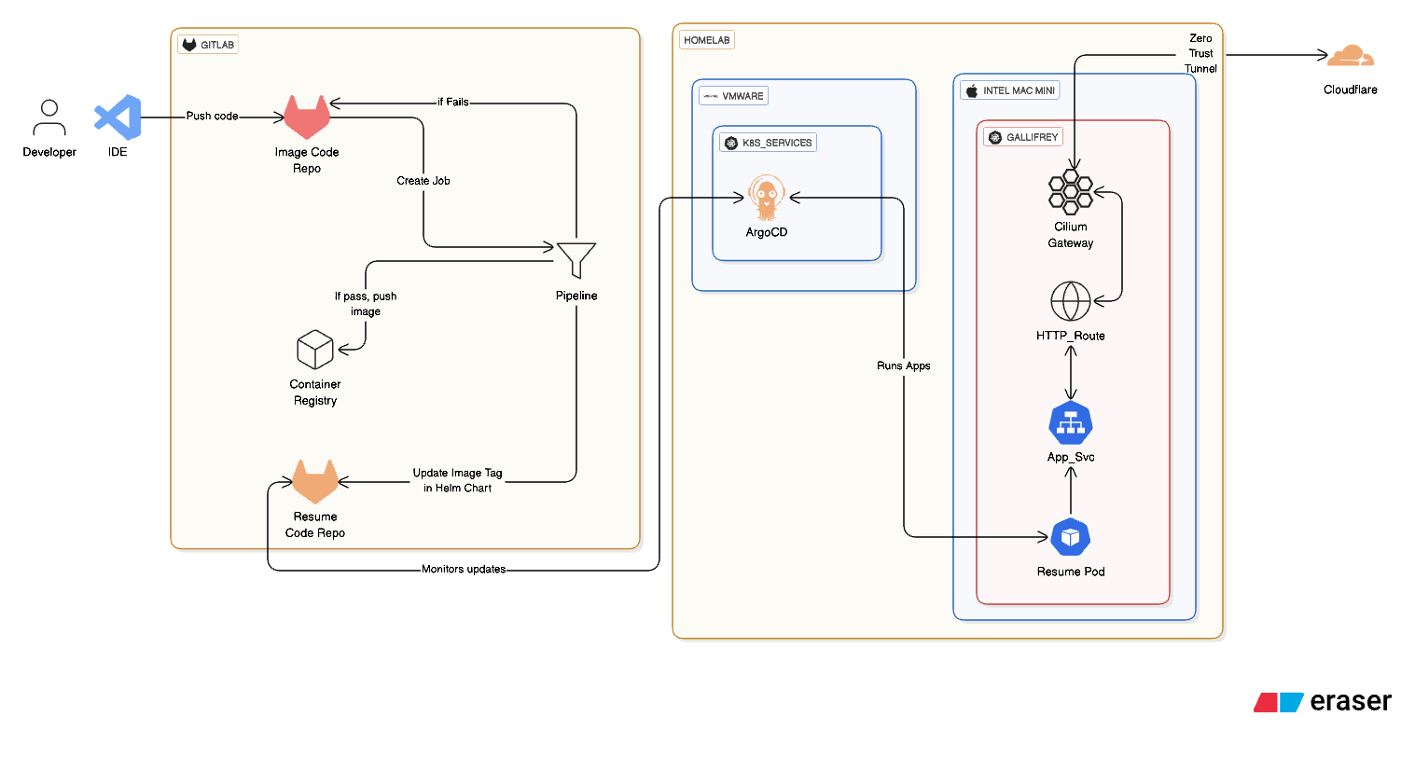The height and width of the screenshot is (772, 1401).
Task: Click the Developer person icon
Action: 49,118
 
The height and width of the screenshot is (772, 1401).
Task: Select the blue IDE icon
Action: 118,117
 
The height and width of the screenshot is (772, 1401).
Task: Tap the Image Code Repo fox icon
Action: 307,117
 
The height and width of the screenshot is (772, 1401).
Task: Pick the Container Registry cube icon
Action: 315,350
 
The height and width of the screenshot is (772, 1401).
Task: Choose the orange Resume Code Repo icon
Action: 315,481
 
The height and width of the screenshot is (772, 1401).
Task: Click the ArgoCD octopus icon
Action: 767,198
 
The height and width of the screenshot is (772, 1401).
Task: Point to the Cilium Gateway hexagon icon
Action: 1070,191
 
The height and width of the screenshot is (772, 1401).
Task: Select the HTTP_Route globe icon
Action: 1071,301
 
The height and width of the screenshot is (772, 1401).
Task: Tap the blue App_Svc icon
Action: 1071,424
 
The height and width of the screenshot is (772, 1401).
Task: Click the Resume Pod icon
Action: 1071,537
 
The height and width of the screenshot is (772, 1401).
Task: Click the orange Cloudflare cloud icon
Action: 1350,57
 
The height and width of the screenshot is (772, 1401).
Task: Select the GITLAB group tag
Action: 208,45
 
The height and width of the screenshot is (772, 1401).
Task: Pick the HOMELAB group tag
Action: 707,40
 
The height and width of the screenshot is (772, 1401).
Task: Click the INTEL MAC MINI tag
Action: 1010,90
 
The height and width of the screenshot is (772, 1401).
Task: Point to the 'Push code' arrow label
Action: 212,117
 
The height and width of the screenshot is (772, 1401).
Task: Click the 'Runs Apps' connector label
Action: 903,365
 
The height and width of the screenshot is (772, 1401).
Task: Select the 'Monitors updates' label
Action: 464,569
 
